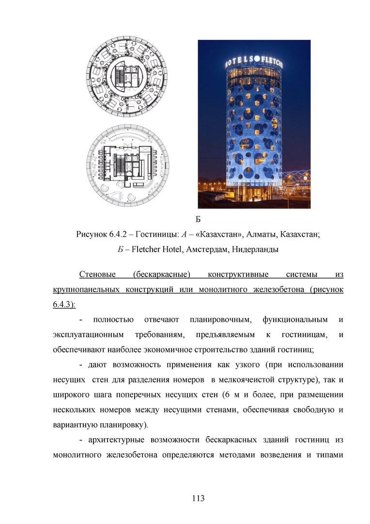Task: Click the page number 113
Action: coord(198,498)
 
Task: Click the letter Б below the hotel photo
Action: coord(198,218)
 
